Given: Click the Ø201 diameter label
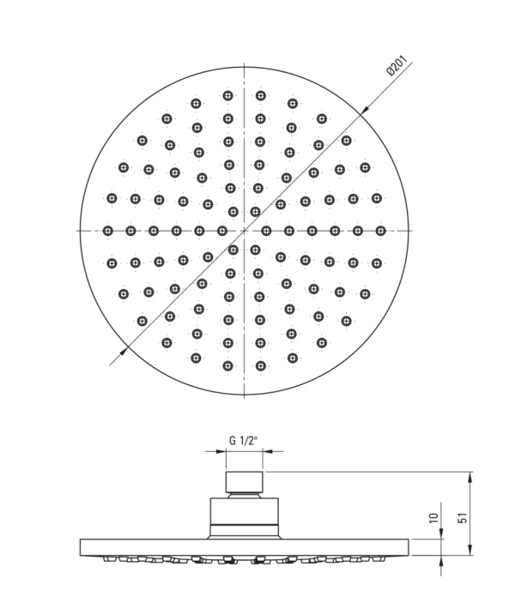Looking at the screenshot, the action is [x=397, y=66].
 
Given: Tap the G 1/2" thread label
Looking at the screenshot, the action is [x=244, y=440].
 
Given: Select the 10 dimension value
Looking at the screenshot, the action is [x=434, y=517].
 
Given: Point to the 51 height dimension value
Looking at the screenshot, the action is [x=463, y=517].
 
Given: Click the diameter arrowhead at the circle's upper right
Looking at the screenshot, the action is [x=365, y=110].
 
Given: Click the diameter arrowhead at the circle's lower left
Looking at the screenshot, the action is [x=123, y=352].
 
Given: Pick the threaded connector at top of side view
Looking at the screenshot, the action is [x=245, y=482].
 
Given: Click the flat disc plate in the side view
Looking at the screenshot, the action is [x=245, y=547].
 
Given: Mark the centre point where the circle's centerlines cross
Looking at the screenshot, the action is [x=244, y=231].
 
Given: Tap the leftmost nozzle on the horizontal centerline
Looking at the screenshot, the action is [x=108, y=231].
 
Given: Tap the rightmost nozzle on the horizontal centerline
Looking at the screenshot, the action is [x=380, y=231].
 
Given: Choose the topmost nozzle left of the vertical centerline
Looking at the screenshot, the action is [x=228, y=95].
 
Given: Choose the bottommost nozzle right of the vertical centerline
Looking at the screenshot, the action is [x=260, y=366].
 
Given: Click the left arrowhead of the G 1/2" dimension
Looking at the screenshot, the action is [x=221, y=451].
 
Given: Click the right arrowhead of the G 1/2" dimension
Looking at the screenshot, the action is [x=268, y=451].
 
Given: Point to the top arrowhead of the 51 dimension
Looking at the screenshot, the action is [x=470, y=477].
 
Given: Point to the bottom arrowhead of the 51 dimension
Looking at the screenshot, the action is [x=470, y=550].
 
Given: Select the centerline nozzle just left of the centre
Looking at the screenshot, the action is [x=221, y=231].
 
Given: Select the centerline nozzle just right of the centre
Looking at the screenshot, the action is [x=266, y=231].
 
